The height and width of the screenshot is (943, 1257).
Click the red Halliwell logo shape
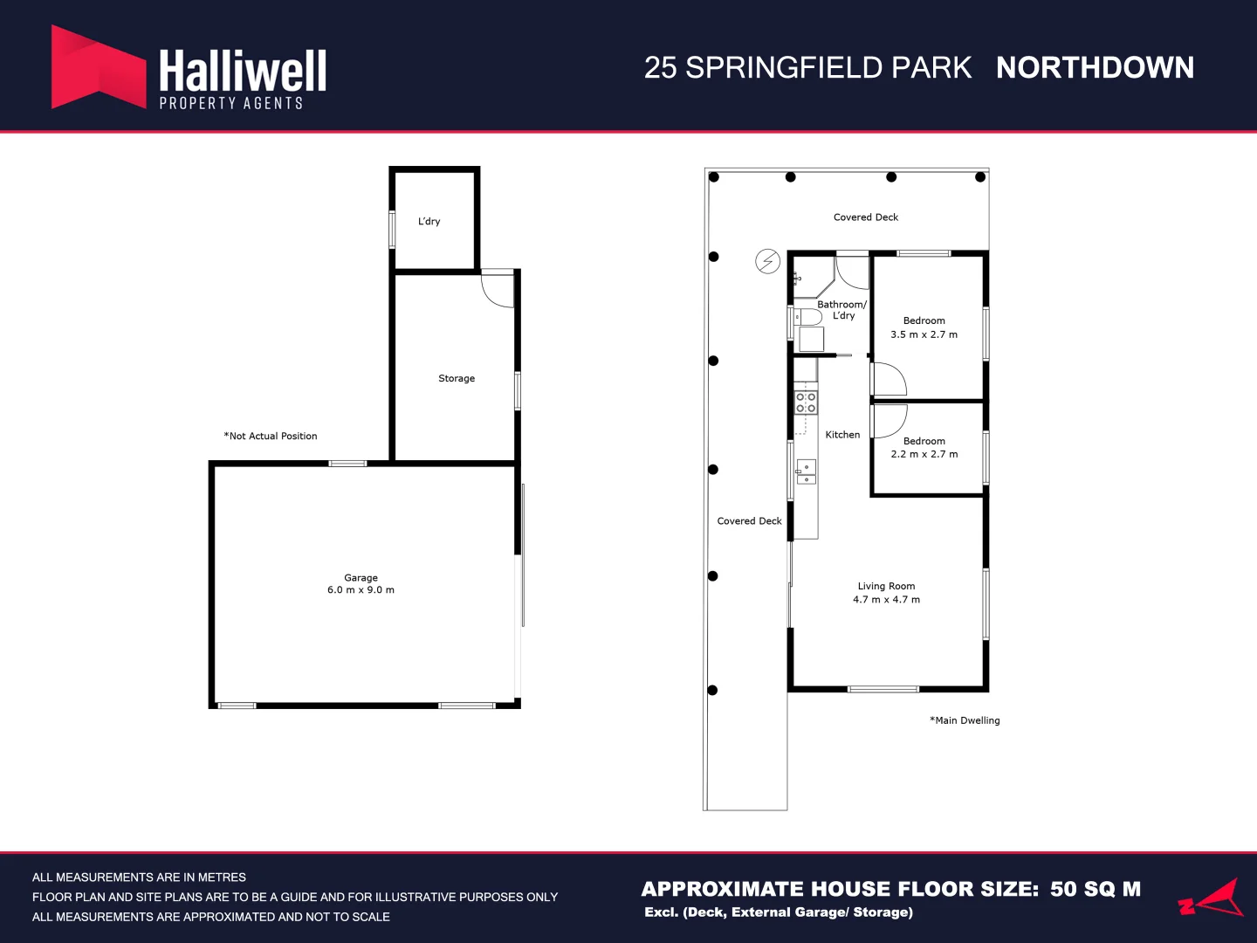pos(99,67)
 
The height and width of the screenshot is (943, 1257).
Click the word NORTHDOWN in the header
pos(1095,67)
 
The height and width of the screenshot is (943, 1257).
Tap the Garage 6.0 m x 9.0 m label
pos(361,583)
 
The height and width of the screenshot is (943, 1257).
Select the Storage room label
pos(457,378)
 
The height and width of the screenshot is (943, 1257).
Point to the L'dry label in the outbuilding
pos(429,221)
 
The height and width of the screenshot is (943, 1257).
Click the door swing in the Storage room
pos(496,290)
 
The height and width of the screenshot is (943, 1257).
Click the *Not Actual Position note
pos(271,436)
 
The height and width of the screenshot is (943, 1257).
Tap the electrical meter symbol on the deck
pos(767,262)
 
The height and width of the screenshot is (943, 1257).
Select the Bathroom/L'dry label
pos(841,310)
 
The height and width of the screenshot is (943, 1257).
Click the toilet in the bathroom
pos(807,317)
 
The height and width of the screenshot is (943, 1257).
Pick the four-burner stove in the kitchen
pos(806,402)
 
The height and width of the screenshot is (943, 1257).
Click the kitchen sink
pos(807,471)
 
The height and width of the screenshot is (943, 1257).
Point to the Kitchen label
pos(842,435)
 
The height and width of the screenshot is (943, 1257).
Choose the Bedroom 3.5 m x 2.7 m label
pos(924,327)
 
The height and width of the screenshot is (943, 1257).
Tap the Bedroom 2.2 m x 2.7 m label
pos(924,447)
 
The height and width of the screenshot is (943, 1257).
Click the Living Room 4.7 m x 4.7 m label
pos(886,593)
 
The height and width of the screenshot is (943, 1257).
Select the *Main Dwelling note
pos(965,720)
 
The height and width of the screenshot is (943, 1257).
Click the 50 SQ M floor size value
pos(1095,889)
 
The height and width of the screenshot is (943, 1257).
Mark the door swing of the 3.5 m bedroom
pos(890,379)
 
